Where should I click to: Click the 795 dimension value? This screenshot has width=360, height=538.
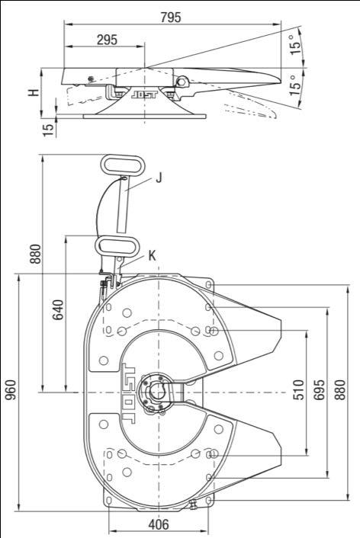tap(171, 18)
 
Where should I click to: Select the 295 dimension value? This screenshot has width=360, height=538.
tap(107, 40)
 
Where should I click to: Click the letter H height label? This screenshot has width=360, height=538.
tap(34, 92)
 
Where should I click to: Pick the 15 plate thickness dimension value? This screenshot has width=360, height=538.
tap(49, 130)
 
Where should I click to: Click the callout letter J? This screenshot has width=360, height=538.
tap(159, 178)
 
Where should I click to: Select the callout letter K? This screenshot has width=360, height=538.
tap(153, 255)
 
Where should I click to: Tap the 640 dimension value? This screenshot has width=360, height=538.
tap(58, 309)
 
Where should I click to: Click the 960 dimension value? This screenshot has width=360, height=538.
tap(11, 389)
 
